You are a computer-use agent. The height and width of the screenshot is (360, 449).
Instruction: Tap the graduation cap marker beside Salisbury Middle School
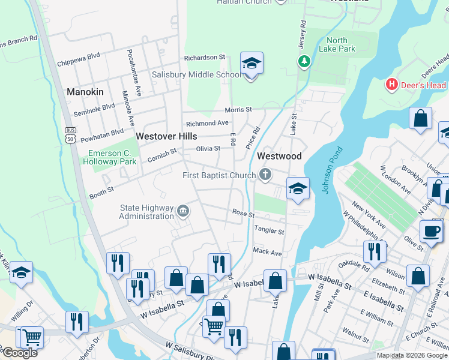252,64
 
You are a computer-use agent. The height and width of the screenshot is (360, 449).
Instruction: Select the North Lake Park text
337,45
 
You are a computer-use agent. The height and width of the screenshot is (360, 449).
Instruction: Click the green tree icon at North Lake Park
304,61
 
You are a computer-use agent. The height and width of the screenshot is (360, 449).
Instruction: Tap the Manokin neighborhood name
85,92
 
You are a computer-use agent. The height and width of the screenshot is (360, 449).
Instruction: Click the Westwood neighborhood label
279,156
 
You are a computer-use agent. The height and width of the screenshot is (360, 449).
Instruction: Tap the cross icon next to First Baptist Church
265,175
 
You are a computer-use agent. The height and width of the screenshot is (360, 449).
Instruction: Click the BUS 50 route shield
71,135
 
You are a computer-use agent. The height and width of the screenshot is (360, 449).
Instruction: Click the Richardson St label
204,58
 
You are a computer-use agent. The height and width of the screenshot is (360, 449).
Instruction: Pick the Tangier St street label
268,230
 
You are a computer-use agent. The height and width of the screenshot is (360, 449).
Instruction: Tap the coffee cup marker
430,230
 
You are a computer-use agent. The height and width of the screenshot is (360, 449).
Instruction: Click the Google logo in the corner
20,353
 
